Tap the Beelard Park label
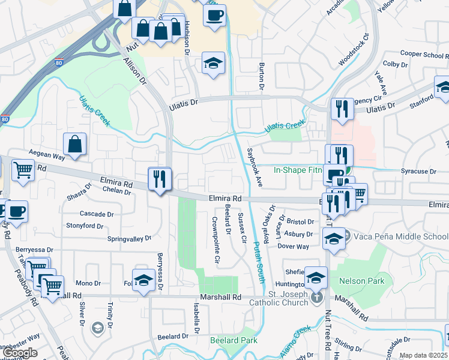[x=234, y=340]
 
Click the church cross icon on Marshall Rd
[x=316, y=296]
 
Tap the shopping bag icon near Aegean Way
[x=75, y=144]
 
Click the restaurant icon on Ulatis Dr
[x=341, y=109]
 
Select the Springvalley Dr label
[x=129, y=239]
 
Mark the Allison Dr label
[x=135, y=71]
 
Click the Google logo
[x=19, y=353]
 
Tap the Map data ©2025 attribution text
[x=424, y=355]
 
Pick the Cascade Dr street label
[x=97, y=214]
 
